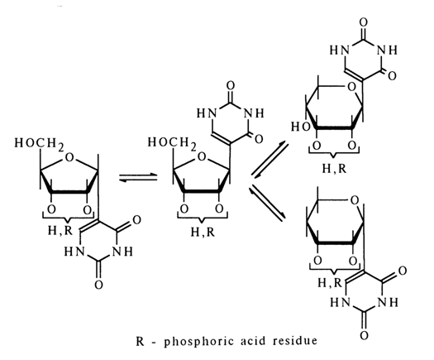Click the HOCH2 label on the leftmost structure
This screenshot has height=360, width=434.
(40, 143)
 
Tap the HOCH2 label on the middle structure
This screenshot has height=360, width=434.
(172, 142)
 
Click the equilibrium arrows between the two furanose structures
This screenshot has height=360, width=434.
(138, 177)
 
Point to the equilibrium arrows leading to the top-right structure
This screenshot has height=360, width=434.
(269, 160)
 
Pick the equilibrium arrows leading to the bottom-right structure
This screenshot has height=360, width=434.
(267, 203)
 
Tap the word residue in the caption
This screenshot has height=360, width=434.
(295, 341)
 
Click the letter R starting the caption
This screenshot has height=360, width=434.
(140, 341)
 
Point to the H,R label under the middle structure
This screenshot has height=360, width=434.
(203, 232)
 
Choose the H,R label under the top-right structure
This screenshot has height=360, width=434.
(334, 168)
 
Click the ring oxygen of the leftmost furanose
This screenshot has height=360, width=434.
(69, 157)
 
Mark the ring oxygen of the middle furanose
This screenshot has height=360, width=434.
(202, 157)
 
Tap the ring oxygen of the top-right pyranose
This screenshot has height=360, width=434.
(351, 87)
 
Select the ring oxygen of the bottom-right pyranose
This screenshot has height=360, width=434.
(355, 199)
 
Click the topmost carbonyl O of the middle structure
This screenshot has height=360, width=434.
(231, 86)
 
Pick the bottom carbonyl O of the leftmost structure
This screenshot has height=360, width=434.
(99, 285)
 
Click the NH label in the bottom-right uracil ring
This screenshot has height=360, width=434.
(389, 302)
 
